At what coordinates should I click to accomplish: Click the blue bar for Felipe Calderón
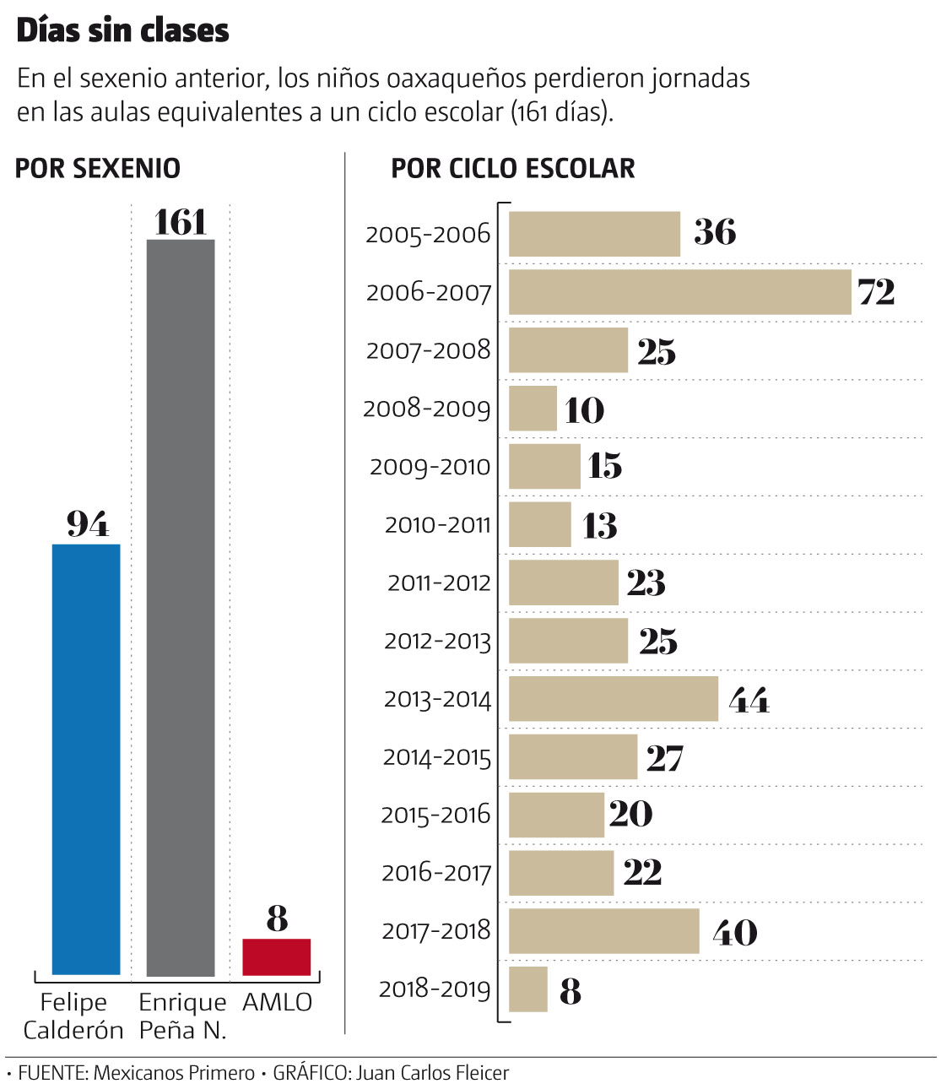[x=86, y=760]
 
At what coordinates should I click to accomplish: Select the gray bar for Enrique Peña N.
[x=181, y=608]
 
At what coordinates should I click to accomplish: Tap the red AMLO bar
[x=277, y=957]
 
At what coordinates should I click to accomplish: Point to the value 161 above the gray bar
[x=181, y=222]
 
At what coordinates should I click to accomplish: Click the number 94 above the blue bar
[x=88, y=524]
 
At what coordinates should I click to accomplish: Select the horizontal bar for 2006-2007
[x=679, y=292]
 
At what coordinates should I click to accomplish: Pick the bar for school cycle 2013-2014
[x=614, y=699]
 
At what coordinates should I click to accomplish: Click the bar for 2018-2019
[x=528, y=989]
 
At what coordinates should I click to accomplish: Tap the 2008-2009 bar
[x=533, y=409]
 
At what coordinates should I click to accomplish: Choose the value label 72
[x=876, y=292]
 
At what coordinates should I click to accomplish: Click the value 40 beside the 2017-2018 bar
[x=735, y=932]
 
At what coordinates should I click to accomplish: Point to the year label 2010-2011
[x=437, y=525]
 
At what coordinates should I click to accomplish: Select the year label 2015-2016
[x=435, y=815]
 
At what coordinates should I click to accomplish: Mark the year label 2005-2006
[x=428, y=234]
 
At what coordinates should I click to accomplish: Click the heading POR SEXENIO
[x=98, y=168]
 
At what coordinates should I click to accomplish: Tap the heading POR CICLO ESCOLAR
[x=513, y=168]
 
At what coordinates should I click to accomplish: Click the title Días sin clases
[x=123, y=30]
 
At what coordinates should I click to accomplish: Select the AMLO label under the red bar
[x=278, y=1002]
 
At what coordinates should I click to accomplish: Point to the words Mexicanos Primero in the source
[x=174, y=1073]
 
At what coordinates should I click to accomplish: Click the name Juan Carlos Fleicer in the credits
[x=433, y=1073]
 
